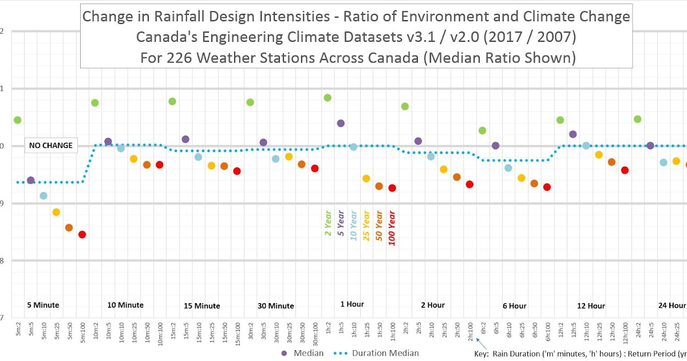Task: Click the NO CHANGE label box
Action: click(51, 146)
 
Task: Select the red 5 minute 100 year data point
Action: click(82, 234)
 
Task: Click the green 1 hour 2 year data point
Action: click(327, 98)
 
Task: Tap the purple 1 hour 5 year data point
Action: click(341, 123)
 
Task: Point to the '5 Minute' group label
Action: click(43, 305)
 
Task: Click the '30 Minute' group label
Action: click(275, 306)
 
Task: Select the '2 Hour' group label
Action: click(432, 305)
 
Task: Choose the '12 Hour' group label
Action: click(591, 306)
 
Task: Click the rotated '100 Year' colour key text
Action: click(392, 228)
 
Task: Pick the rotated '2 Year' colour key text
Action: click(328, 223)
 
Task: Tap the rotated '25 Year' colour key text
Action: click(366, 226)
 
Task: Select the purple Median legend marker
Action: click(285, 354)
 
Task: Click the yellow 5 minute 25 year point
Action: click(56, 212)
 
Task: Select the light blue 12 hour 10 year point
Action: click(586, 146)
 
